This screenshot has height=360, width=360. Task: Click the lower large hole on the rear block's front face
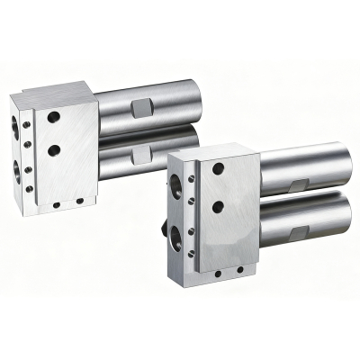(x=56, y=149)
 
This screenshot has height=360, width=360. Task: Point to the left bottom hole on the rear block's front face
(x=56, y=204)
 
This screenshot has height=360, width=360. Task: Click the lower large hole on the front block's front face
(x=216, y=206)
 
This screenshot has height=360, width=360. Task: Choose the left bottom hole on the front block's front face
(x=216, y=273)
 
